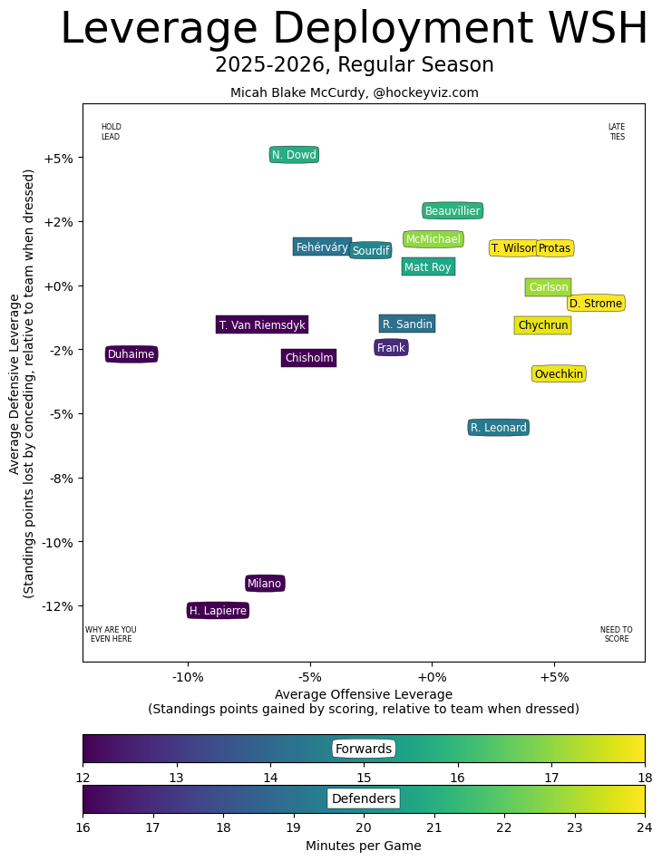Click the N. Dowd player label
pos(294,155)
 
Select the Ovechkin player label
pos(558,374)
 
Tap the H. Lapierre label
pos(218,611)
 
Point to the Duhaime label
pos(131,354)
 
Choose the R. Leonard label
pos(498,428)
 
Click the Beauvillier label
pos(453,211)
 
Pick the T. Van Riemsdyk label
pos(262,324)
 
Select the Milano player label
pos(265,584)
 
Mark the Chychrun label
pos(542,325)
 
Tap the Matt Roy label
pos(427,267)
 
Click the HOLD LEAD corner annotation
pos(111,132)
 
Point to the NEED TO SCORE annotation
pos(617,634)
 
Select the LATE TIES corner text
pos(617,132)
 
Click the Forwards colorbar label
pos(363,749)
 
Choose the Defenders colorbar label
pos(363,798)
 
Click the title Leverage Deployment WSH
pos(354,29)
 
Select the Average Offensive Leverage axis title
pos(363,694)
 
